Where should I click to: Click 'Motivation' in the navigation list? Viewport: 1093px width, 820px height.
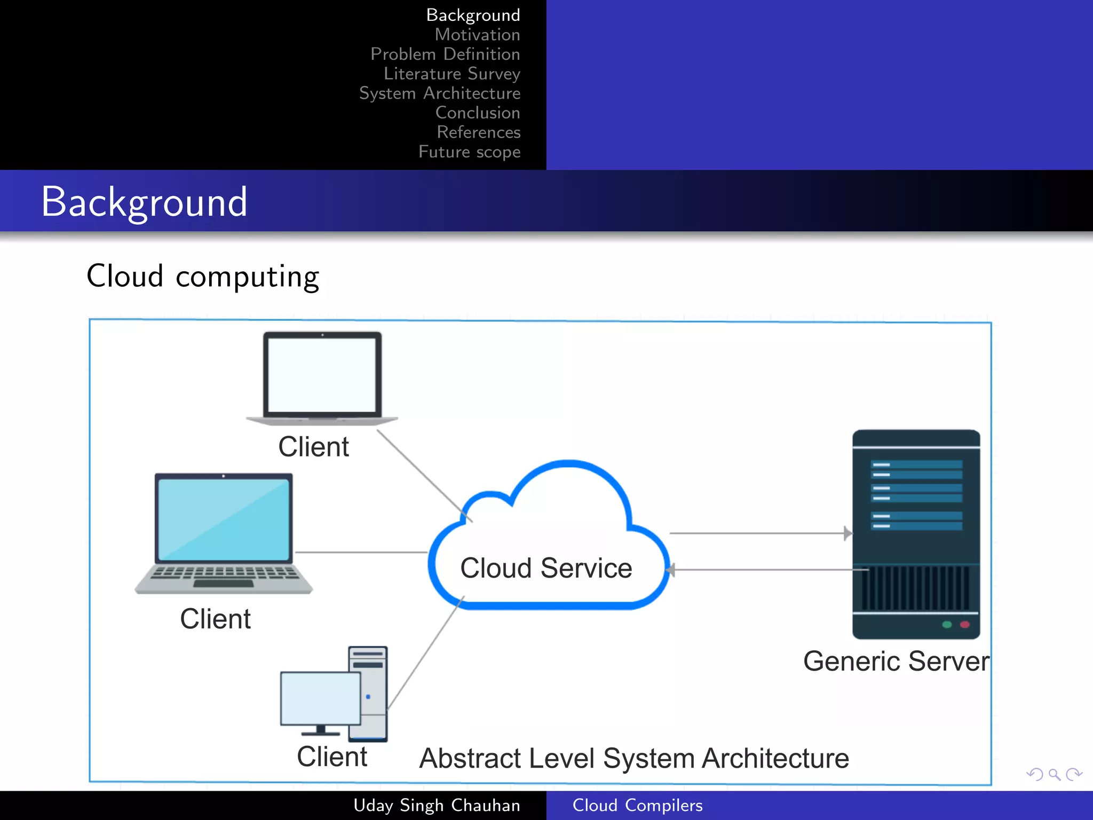477,35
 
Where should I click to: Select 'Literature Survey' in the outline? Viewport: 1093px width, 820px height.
452,74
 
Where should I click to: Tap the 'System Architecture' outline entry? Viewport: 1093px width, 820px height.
439,93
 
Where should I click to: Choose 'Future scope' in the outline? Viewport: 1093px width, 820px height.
469,152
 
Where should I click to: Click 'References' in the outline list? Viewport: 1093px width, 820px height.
478,132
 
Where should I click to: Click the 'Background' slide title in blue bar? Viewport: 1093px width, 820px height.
144,202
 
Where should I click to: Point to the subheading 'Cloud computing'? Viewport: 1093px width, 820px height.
203,277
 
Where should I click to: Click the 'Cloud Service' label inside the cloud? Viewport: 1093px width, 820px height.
546,567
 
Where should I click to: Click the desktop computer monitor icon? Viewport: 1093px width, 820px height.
320,698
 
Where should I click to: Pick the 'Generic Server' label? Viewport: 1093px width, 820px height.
896,661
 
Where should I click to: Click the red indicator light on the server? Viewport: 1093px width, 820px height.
964,624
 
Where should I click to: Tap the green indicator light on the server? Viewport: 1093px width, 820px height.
947,624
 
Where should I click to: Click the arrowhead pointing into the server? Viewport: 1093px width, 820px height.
848,533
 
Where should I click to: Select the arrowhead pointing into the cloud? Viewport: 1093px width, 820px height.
671,570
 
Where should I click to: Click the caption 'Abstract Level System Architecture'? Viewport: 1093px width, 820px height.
633,758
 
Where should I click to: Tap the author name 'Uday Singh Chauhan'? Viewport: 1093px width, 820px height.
437,805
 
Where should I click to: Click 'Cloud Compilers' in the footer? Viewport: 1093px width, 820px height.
637,805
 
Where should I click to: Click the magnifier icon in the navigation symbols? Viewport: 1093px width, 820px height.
1054,774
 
